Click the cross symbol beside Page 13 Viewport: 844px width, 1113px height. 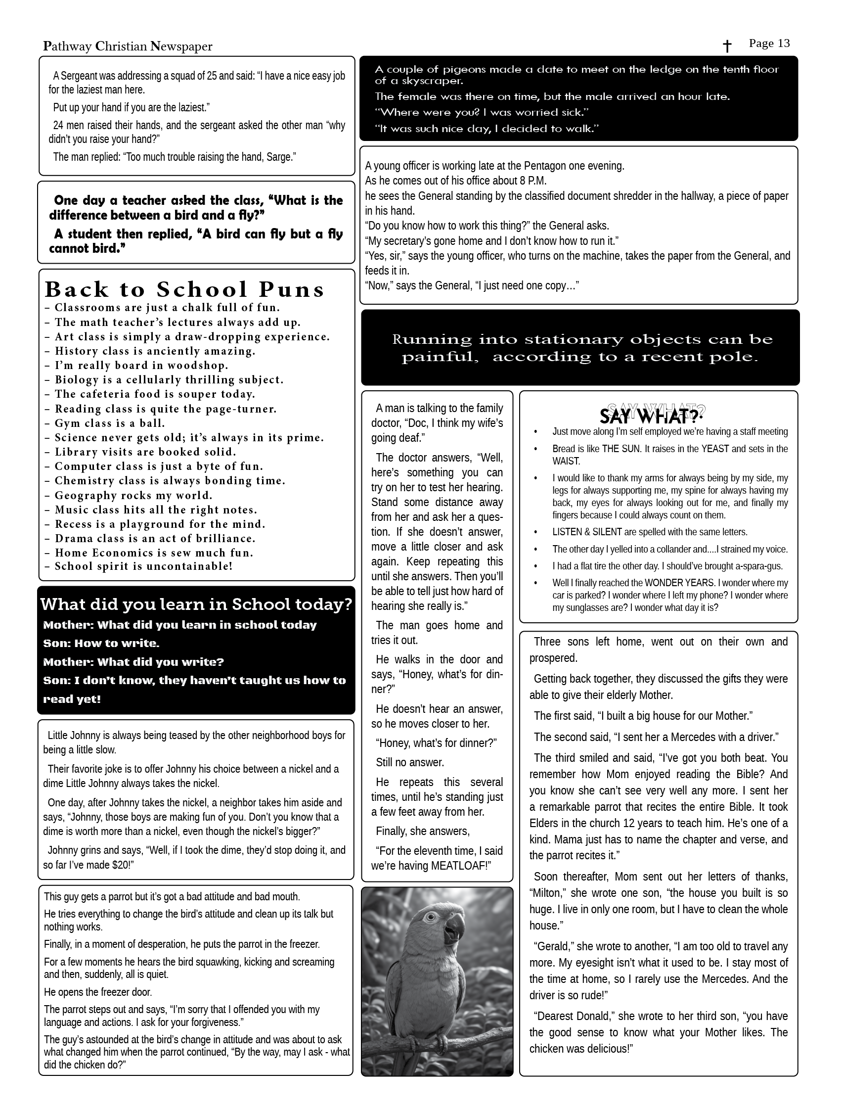pos(727,46)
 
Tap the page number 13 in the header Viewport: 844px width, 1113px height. pos(784,44)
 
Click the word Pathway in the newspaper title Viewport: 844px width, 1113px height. pos(67,47)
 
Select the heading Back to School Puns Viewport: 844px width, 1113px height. pos(184,289)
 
